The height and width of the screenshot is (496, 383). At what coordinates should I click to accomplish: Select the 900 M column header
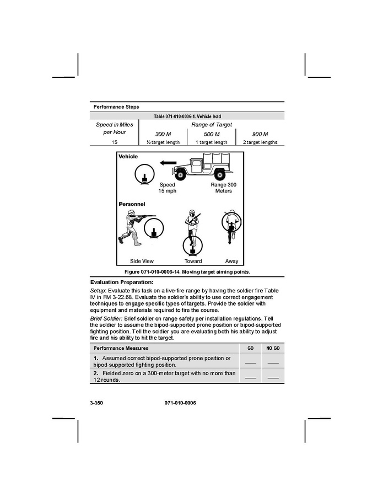(x=260, y=134)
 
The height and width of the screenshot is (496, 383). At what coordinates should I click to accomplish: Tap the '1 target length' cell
(x=212, y=142)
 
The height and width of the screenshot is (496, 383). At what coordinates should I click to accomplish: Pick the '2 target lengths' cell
(x=260, y=142)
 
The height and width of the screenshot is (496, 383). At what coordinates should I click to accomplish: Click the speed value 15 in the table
(x=115, y=142)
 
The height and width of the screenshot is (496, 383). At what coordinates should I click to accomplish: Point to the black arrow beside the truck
(x=164, y=163)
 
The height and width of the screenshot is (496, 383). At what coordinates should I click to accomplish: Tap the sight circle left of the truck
(x=145, y=175)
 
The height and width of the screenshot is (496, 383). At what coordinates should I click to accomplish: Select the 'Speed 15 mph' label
(x=167, y=188)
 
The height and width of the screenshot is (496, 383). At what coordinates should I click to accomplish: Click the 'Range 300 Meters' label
(x=223, y=188)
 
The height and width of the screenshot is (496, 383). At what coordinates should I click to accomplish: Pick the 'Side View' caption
(x=142, y=261)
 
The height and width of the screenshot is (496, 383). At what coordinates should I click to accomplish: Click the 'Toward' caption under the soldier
(x=193, y=261)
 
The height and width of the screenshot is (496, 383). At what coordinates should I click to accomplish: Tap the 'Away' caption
(x=231, y=261)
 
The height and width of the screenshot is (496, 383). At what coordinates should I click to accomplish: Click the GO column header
(x=250, y=349)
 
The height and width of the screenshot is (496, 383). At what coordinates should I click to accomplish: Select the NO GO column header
(x=273, y=349)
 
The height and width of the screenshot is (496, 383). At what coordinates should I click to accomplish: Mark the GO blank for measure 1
(x=250, y=362)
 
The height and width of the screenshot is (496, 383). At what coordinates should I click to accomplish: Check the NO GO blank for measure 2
(x=273, y=377)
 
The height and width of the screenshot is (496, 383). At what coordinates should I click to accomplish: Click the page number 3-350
(x=96, y=403)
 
